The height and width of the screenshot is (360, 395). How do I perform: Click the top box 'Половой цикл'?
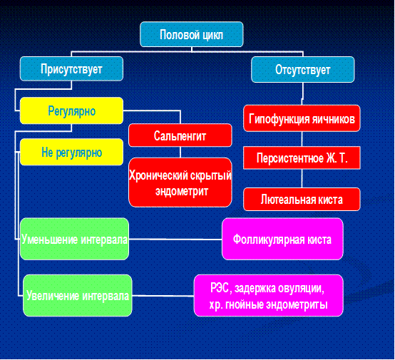point(192,34)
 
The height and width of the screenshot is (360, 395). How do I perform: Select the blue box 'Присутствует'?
point(71,68)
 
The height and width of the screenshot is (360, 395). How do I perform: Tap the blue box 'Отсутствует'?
point(303,70)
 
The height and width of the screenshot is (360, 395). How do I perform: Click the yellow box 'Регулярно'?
point(71,110)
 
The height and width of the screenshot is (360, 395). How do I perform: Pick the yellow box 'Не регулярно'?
point(71,152)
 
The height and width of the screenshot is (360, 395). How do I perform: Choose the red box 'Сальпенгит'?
point(180,135)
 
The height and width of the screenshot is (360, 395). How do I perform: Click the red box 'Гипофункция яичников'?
point(302,118)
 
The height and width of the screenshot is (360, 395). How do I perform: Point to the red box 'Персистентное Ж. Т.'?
point(302,158)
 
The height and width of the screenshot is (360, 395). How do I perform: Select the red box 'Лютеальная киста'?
point(302,200)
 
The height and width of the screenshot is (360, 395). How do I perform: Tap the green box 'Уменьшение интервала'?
point(75,239)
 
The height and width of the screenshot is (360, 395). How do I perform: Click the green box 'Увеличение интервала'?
point(78,296)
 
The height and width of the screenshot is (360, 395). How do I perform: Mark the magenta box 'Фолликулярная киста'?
point(282,239)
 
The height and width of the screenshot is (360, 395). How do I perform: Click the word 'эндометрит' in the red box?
point(182,191)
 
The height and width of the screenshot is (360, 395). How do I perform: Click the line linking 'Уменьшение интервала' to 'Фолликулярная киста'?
point(175,239)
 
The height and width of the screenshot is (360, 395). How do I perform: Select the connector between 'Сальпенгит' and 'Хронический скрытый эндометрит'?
point(180,152)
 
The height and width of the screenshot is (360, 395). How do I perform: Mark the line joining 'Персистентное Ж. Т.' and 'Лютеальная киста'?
point(302,178)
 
